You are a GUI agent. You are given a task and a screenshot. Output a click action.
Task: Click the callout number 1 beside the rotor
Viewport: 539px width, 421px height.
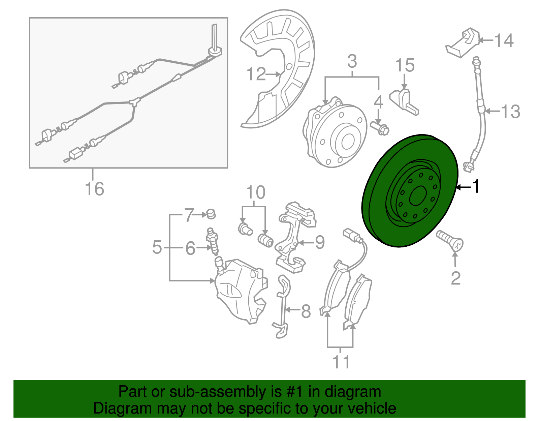(x=475, y=186)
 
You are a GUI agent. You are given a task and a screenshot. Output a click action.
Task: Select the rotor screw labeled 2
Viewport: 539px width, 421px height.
(x=450, y=241)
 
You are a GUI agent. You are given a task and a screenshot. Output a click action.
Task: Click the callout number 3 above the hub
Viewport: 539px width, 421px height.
(x=352, y=62)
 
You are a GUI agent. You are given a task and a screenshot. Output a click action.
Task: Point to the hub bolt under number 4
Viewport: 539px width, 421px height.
(x=380, y=128)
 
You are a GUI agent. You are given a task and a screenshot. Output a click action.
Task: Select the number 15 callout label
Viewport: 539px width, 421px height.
(x=405, y=65)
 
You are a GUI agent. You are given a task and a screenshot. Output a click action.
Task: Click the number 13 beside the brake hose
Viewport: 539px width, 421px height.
(x=511, y=112)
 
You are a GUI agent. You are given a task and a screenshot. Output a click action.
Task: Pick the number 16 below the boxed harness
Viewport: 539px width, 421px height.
(x=94, y=189)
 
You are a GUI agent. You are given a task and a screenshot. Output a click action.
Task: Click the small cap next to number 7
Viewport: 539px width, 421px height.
(x=211, y=214)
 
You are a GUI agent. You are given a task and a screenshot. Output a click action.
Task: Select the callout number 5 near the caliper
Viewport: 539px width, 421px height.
(x=157, y=247)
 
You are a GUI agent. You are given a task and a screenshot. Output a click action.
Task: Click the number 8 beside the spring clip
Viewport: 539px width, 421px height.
(x=306, y=311)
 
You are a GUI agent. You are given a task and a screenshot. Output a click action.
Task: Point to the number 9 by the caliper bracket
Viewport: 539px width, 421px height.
(x=319, y=242)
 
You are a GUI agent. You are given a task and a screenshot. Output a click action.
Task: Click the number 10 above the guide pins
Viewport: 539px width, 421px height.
(x=256, y=193)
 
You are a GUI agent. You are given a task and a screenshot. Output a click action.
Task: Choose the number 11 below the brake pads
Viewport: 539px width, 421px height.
(x=341, y=362)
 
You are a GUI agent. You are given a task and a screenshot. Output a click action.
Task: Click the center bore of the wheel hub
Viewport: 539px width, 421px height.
(x=348, y=142)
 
